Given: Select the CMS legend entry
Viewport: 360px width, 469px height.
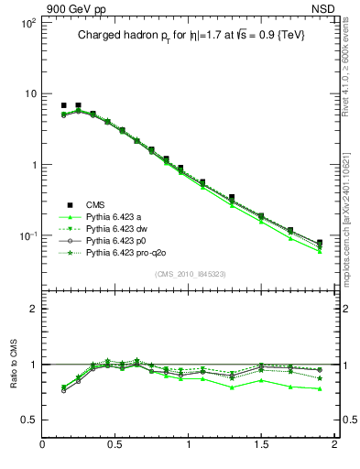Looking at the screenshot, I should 97,204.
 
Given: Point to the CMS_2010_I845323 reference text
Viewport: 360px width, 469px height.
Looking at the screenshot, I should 189,274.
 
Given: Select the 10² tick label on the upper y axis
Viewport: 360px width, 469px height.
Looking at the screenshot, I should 27,22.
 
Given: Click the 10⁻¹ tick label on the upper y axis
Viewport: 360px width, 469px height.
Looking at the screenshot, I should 27,236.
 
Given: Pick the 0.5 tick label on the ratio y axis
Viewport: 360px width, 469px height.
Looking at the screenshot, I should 27,420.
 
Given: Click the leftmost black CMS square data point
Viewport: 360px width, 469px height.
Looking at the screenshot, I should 63,106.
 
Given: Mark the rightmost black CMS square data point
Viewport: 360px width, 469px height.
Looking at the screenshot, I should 320,243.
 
